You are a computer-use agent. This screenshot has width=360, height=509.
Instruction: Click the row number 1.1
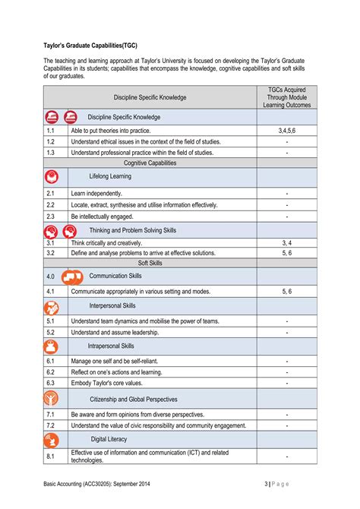pos(50,131)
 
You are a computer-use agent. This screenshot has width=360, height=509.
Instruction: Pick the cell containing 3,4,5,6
pos(286,131)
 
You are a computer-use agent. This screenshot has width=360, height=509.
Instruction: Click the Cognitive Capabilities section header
pos(150,163)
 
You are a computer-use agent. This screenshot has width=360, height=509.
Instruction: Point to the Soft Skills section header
pos(150,263)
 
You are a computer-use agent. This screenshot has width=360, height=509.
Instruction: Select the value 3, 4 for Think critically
pos(286,242)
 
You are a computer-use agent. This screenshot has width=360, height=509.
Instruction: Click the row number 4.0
pos(51,277)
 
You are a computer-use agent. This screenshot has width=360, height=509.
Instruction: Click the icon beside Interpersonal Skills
pos(52,307)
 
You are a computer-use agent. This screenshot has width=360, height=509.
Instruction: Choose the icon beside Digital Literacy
pos(52,439)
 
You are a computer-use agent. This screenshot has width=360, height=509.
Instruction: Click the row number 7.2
pos(50,425)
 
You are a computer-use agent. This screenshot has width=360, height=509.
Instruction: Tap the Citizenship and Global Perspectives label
pos(133,399)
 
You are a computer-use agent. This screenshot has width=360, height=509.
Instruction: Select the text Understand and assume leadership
pos(115,332)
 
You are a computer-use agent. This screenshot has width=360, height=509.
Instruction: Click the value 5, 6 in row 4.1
pos(286,291)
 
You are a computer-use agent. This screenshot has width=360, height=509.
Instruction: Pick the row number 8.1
pos(50,456)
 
